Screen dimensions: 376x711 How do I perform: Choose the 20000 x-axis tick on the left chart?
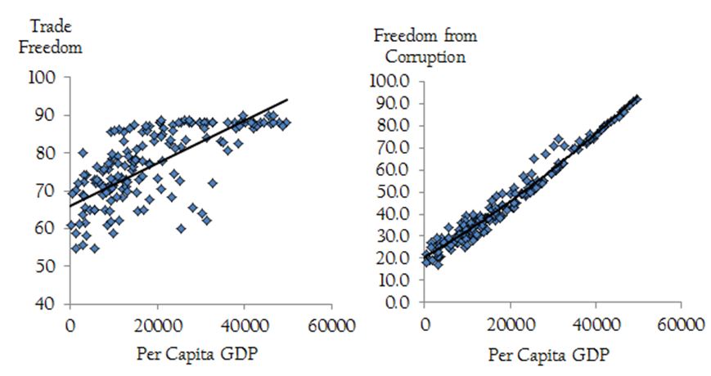158,325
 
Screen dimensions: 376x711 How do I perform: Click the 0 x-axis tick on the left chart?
71,325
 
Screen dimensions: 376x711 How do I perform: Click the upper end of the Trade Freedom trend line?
288,100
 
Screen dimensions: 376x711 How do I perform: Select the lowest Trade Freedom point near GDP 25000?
181,229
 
